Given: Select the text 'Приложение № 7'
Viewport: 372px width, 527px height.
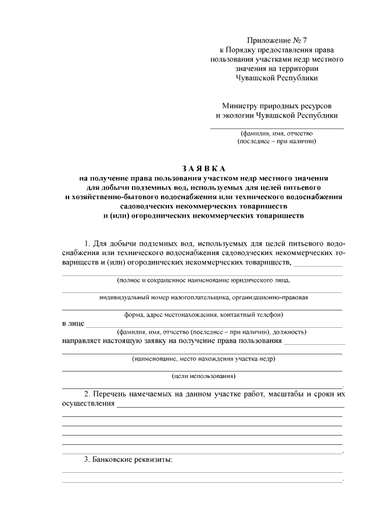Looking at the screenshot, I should [276, 40].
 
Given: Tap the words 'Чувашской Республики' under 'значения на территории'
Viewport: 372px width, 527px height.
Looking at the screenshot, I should [276, 77].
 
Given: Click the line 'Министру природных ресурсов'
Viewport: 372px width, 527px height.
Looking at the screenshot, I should [276, 106].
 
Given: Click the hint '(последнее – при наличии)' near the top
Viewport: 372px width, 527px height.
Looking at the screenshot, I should [277, 141].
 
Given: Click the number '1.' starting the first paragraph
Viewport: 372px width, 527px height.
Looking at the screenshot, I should [88, 243].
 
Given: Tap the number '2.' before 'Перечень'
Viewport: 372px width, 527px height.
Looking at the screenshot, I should [88, 394].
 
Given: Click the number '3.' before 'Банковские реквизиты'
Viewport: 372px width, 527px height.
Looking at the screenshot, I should [88, 459].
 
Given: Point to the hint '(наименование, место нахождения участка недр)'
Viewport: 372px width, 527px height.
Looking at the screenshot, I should [203, 359].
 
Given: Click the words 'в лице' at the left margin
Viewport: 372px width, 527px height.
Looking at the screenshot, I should [73, 323].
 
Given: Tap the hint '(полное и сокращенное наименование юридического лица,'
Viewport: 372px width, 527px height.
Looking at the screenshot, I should [203, 280].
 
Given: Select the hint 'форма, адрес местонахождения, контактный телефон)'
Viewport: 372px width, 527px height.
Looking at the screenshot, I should [203, 314].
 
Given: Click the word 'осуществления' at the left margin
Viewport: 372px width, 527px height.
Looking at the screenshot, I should [88, 404].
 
